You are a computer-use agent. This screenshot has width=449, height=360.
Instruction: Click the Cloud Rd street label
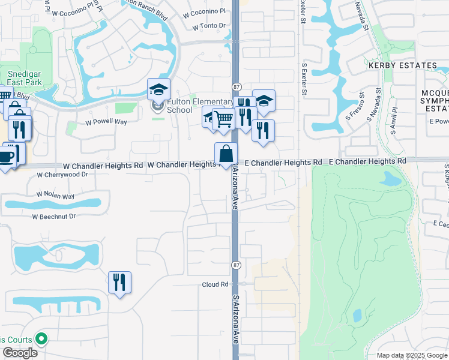(x=215, y=284)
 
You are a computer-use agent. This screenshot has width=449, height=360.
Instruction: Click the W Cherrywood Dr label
(x=62, y=175)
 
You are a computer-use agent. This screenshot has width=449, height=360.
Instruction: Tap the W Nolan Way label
(x=55, y=196)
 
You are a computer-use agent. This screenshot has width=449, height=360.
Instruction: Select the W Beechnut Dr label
(x=54, y=216)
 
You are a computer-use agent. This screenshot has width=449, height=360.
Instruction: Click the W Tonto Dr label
(x=209, y=26)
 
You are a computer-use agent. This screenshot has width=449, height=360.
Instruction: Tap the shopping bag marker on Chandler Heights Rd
(x=226, y=154)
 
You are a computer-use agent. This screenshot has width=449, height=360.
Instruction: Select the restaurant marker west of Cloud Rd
(x=119, y=281)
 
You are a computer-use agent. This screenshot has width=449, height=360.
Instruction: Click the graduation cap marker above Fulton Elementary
(x=158, y=89)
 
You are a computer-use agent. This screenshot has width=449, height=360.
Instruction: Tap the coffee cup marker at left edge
(x=6, y=157)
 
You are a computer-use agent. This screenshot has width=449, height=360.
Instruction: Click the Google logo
(x=20, y=353)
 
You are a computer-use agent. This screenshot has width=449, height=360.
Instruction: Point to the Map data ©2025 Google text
(x=411, y=355)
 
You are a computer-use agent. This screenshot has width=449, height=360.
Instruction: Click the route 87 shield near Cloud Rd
(x=235, y=265)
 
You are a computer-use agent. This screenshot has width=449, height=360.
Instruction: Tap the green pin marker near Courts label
(x=41, y=339)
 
